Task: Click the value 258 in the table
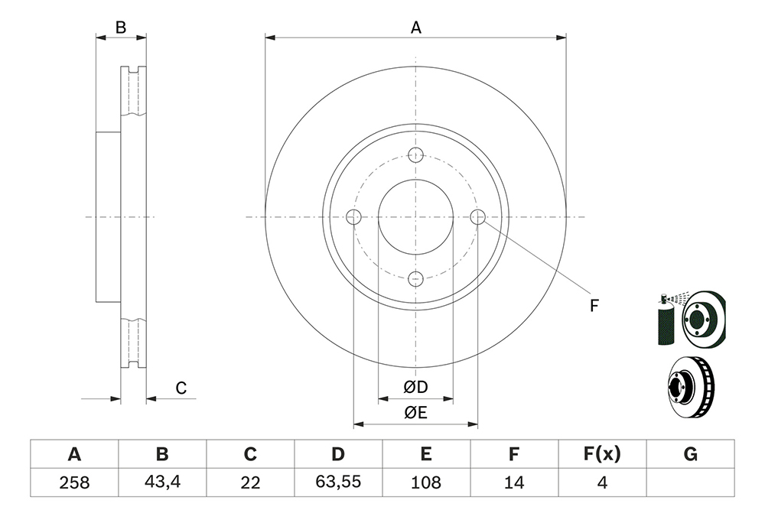(x=74, y=482)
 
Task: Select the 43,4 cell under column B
(x=162, y=482)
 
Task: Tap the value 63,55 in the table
(x=338, y=482)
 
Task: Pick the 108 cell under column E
(x=426, y=482)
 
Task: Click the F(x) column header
(x=602, y=454)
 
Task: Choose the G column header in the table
(x=690, y=454)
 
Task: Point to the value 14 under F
(x=514, y=482)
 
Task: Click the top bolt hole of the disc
(x=415, y=154)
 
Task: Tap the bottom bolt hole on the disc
(x=415, y=279)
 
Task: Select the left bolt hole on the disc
(x=353, y=217)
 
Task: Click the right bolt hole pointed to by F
(x=477, y=217)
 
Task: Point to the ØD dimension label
(x=415, y=387)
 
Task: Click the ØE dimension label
(x=415, y=413)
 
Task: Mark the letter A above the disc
(x=415, y=28)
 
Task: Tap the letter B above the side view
(x=121, y=28)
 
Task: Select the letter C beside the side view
(x=181, y=388)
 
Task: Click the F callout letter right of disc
(x=594, y=306)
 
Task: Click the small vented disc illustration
(x=690, y=387)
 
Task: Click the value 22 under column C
(x=250, y=482)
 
